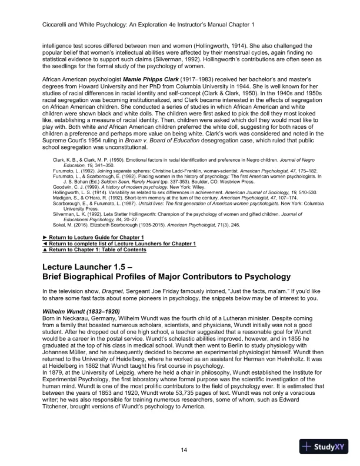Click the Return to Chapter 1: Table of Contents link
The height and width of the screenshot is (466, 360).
click(98, 249)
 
